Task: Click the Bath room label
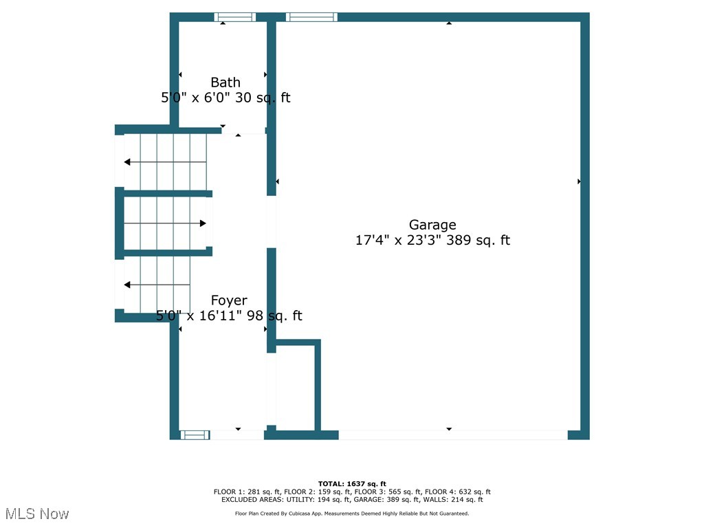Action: (x=225, y=83)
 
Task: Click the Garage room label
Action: (x=432, y=225)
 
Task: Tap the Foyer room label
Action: (x=229, y=300)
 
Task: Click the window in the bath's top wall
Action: (x=234, y=17)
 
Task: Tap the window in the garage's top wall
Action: (x=311, y=17)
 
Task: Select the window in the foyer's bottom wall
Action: (x=195, y=434)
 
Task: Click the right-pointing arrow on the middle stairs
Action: (x=203, y=223)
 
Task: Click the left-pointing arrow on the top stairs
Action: (x=128, y=162)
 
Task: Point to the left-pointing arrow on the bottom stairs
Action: (x=128, y=285)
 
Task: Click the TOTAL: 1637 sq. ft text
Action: (x=352, y=484)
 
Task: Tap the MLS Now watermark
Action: (x=36, y=514)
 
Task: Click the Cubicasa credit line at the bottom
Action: (x=352, y=514)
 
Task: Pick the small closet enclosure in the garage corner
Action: (x=296, y=385)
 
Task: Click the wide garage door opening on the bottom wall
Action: (x=452, y=434)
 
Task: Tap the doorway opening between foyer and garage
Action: (x=272, y=221)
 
